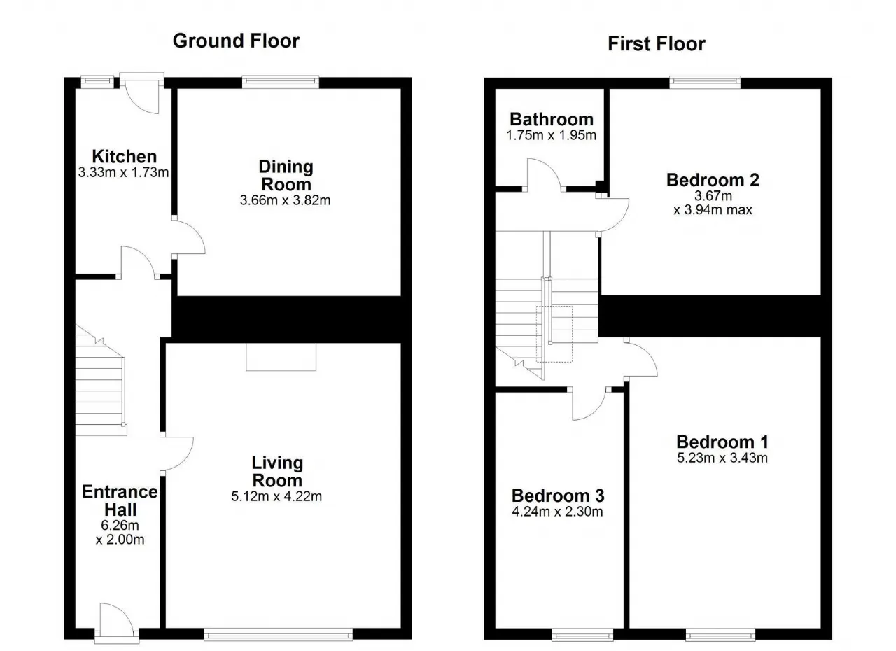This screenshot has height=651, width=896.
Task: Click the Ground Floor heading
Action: coord(236,41)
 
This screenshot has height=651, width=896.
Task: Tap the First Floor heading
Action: coord(657,44)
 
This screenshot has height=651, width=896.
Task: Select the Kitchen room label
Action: coord(125,156)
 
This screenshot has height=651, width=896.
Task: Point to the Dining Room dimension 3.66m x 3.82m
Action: coord(285,200)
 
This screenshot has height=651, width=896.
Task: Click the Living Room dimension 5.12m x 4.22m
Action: coord(276,496)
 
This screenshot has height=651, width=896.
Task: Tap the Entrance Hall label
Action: coord(120,500)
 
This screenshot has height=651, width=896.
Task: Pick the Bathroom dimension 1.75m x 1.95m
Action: coord(551,135)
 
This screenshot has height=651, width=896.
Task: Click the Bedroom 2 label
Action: coord(713,180)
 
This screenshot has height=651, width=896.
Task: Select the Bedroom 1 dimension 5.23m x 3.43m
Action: coord(722,458)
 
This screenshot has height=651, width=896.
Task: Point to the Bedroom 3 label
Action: coord(558,496)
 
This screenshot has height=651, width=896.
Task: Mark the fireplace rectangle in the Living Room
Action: coord(281,357)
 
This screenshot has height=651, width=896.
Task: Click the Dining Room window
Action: coord(281,83)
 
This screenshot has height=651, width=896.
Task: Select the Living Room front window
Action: coord(279,633)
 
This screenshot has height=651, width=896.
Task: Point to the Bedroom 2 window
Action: coord(705,83)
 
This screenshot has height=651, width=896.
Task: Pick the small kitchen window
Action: coord(97,83)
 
